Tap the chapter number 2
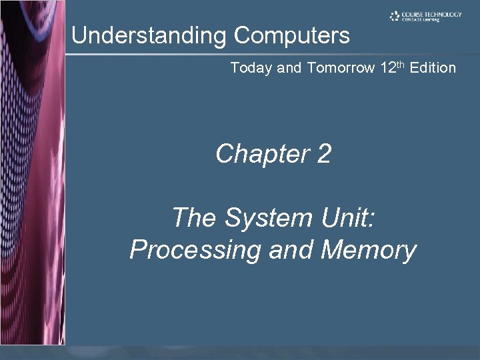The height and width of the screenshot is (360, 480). pyautogui.click(x=324, y=155)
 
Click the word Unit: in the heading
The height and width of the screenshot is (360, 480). pyautogui.click(x=344, y=218)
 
